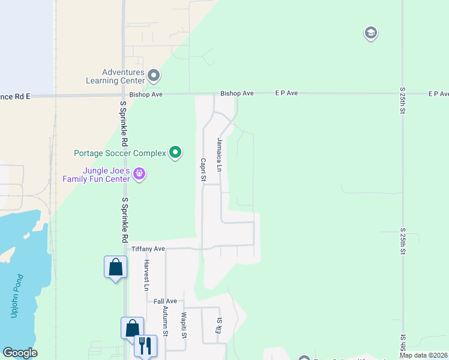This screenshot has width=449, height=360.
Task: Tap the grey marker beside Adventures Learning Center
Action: pyautogui.click(x=154, y=76)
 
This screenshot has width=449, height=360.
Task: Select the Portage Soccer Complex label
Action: pyautogui.click(x=119, y=153)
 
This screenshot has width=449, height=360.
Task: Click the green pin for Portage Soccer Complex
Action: pyautogui.click(x=175, y=153)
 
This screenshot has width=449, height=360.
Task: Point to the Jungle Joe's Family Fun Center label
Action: pyautogui.click(x=96, y=175)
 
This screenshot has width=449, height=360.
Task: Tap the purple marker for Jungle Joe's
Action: pyautogui.click(x=139, y=174)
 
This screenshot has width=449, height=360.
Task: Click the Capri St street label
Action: pyautogui.click(x=203, y=170)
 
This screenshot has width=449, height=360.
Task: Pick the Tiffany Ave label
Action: pyautogui.click(x=148, y=248)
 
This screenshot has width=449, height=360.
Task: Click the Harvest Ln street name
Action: pyautogui.click(x=146, y=275)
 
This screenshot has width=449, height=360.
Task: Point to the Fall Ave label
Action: pyautogui.click(x=165, y=301)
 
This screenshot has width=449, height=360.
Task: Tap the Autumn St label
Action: pyautogui.click(x=165, y=320)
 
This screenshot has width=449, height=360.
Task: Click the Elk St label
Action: pyautogui.click(x=219, y=325)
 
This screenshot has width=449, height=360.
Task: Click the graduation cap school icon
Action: pyautogui.click(x=370, y=33)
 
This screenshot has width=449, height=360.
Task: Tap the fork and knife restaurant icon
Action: pyautogui.click(x=145, y=346)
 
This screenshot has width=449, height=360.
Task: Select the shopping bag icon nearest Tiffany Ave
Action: pyautogui.click(x=115, y=267)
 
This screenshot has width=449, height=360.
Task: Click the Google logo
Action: pyautogui.click(x=20, y=353)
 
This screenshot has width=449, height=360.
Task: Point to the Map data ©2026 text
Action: pyautogui.click(x=423, y=355)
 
